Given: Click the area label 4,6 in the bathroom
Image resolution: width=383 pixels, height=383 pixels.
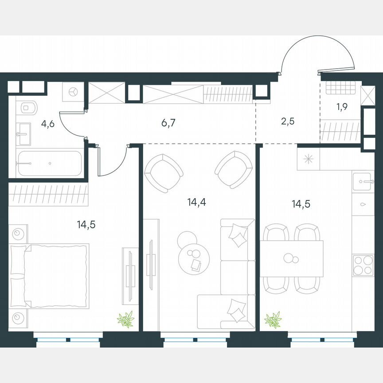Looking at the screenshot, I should click(x=47, y=124).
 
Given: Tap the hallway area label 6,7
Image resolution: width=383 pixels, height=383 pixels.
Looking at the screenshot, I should click(x=169, y=123).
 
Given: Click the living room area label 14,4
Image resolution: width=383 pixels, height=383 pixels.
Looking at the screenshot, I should click(x=196, y=203).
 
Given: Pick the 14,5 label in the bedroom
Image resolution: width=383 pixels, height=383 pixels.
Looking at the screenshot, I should click(x=86, y=224).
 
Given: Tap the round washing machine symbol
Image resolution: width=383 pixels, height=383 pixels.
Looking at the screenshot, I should click(x=72, y=92).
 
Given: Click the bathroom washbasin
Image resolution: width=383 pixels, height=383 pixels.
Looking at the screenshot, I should click(x=23, y=134).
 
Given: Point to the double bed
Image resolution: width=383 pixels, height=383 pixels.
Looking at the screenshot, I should click(x=49, y=276).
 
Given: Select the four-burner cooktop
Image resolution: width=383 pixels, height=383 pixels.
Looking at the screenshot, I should click(x=363, y=266).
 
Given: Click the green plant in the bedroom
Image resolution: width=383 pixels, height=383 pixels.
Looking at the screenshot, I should click(x=125, y=319).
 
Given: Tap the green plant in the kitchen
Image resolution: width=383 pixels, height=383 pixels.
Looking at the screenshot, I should click(x=273, y=320).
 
